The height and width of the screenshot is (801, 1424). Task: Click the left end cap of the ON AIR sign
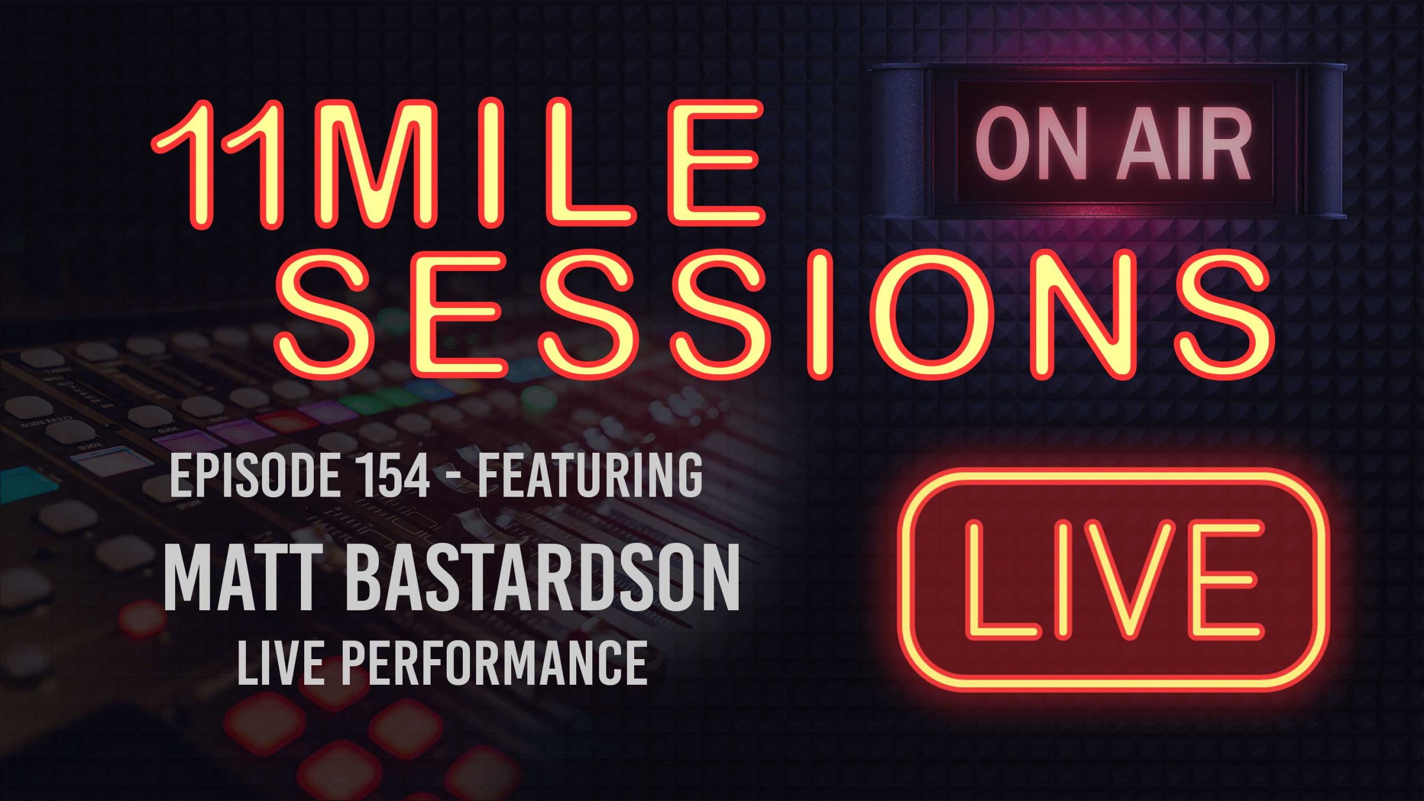pos(898,141)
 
